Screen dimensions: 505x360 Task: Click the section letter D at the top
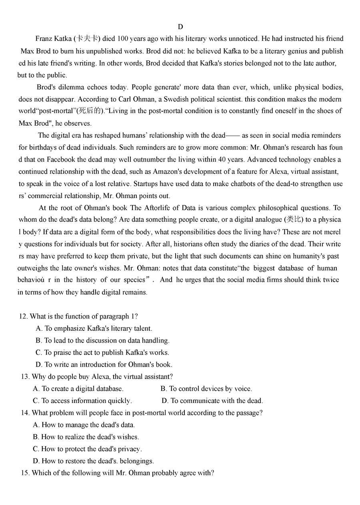pos(180,27)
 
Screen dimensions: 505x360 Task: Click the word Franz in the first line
pos(44,39)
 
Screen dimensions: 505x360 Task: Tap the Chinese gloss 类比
pos(294,220)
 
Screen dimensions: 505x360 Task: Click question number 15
pos(25,473)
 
